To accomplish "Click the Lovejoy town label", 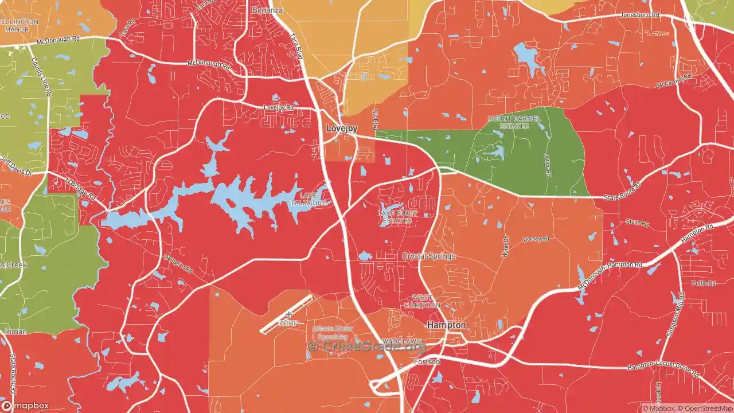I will (x=341, y=128).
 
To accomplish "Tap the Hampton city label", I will (x=446, y=325).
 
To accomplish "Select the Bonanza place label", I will (x=267, y=10).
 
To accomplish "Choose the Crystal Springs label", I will (x=429, y=256).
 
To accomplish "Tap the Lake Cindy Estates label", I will (x=397, y=217).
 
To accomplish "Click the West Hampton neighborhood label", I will (x=426, y=301).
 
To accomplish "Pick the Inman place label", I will (x=15, y=332).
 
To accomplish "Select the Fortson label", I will (x=427, y=362).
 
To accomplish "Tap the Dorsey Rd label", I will (x=536, y=239).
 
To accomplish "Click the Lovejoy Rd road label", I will (x=278, y=107).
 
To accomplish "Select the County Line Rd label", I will (x=41, y=80).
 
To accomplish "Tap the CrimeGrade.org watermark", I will (x=367, y=346).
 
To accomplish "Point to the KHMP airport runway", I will (x=286, y=314).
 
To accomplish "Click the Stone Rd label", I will (x=637, y=222).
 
